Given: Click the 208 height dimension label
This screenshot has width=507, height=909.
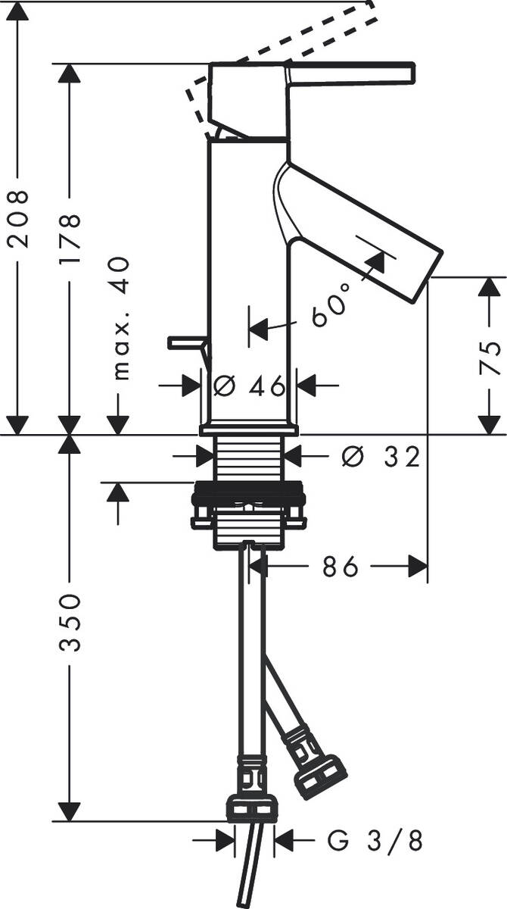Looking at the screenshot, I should coord(17,219).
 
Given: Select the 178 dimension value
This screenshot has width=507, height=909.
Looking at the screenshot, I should coord(69,239).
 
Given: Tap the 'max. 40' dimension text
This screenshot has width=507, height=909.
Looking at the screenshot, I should coord(119,317).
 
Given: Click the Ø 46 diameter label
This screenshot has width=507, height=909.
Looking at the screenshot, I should coord(250,386).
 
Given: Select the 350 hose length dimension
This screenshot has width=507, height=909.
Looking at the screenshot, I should coord(69,623).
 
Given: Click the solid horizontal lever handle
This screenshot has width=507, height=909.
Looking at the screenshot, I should coord(352,73).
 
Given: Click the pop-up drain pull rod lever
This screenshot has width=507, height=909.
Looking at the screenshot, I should coord(188,345).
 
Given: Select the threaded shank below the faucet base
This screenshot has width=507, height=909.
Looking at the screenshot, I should coord(250,458).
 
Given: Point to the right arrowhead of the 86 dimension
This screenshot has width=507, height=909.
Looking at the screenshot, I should coord(418,566).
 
